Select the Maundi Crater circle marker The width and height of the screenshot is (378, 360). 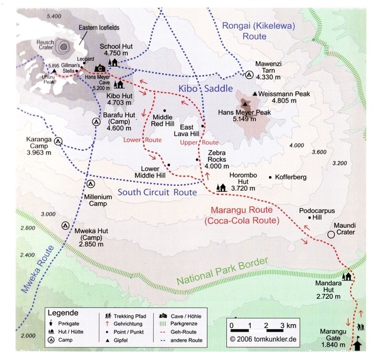pyautogui.click(x=331, y=234)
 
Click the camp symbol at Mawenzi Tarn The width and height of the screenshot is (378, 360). pyautogui.click(x=249, y=74)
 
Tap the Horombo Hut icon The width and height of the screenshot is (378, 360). pyautogui.click(x=220, y=187)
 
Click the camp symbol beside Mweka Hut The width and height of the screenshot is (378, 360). pyautogui.click(x=65, y=225)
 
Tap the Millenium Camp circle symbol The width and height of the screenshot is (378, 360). pyautogui.click(x=91, y=184)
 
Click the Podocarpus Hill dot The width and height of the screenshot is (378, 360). pyautogui.click(x=309, y=218)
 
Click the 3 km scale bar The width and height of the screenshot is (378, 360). pyautogui.click(x=261, y=327)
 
